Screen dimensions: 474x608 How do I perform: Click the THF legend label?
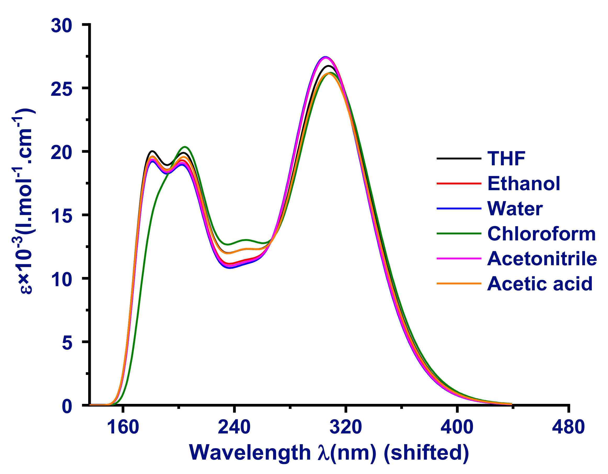point(506,159)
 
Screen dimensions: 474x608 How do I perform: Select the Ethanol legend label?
point(524,184)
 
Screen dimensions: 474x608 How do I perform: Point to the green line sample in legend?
point(459,234)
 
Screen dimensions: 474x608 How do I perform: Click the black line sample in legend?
point(459,158)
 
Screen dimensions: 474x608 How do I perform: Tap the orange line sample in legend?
point(459,283)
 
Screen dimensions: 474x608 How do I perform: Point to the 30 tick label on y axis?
point(61,26)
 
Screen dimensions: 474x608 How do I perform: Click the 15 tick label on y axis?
point(61,216)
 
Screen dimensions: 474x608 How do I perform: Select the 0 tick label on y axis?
point(67,406)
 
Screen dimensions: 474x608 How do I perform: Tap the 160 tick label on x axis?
point(123,427)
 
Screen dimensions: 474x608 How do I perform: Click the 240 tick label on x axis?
point(234,427)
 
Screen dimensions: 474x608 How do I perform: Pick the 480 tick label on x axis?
point(568,427)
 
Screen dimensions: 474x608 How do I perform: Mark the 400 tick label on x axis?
point(457,427)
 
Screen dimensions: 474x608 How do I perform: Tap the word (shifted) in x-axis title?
point(426,453)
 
